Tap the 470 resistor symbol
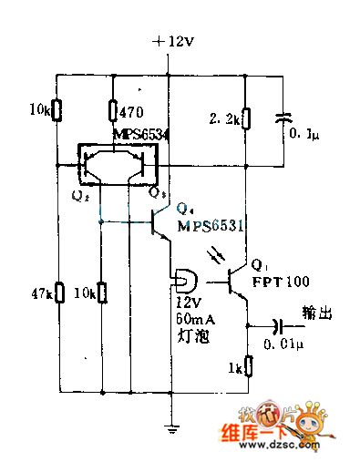pos(112,111)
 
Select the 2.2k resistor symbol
pos(245,118)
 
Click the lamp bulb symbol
pos(179,279)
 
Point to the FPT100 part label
pos(281,282)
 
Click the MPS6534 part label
pos(142,135)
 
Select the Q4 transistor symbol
pos(160,221)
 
